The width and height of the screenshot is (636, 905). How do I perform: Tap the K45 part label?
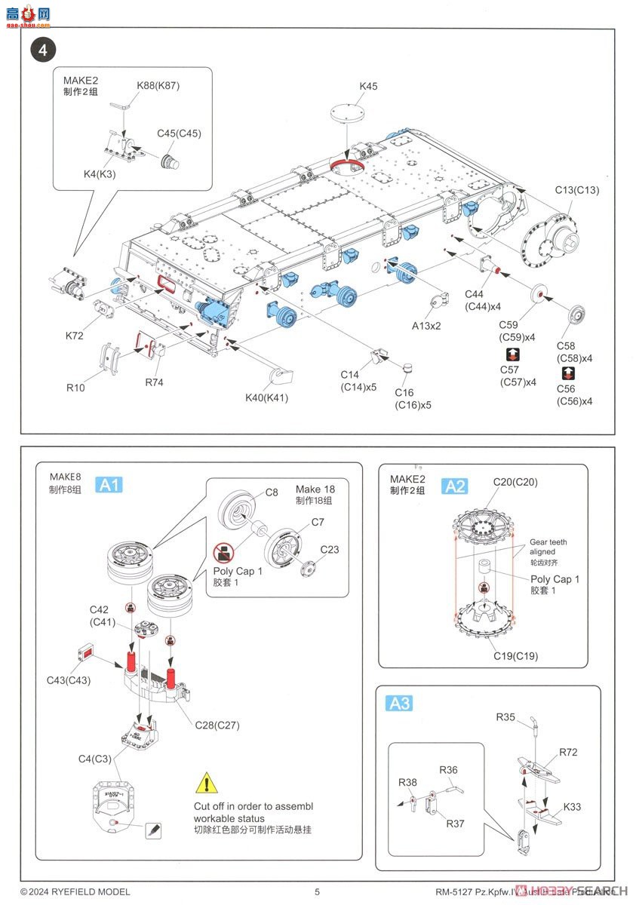[x=368, y=87]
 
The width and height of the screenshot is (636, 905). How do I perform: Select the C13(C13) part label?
[x=577, y=190]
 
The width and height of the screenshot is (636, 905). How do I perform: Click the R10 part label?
[x=75, y=388]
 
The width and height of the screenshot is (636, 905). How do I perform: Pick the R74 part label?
[x=154, y=382]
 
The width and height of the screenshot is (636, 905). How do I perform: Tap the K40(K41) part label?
[x=267, y=397]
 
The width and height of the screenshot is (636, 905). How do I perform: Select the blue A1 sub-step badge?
[x=109, y=485]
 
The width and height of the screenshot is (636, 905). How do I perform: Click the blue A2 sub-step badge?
[x=455, y=486]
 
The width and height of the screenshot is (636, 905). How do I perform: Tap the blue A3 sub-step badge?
[x=399, y=704]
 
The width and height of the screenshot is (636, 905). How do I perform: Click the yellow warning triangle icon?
[x=204, y=784]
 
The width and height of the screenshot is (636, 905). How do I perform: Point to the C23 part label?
[x=330, y=549]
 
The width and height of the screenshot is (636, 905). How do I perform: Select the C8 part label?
[x=272, y=492]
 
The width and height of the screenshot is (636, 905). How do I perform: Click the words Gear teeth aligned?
[x=548, y=547]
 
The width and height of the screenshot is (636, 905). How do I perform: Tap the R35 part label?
[x=505, y=717]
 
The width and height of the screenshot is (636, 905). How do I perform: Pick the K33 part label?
[x=572, y=806]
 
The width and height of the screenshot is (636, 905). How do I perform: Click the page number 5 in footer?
[x=318, y=891]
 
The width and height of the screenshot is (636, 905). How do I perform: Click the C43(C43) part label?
[x=69, y=680]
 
